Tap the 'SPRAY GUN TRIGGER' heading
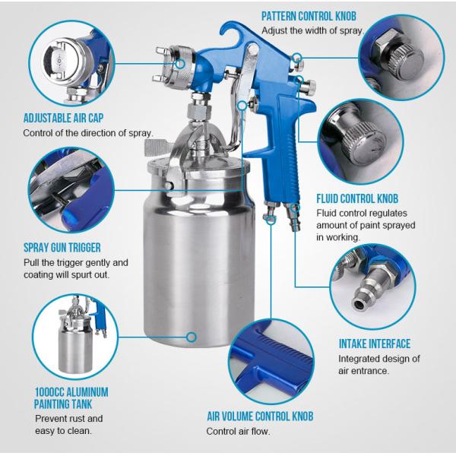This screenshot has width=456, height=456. point(62,248)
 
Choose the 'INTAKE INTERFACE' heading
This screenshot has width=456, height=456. point(375,344)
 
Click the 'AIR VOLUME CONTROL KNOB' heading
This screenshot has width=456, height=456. point(259,416)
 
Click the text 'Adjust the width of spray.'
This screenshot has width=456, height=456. point(313,31)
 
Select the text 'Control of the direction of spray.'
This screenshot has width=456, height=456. point(88,133)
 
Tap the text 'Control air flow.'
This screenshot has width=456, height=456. point(238,432)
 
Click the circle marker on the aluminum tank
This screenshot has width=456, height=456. point(192,335)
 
